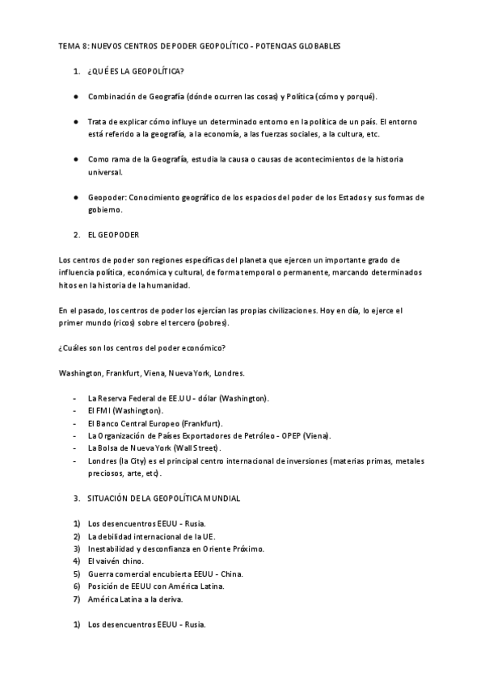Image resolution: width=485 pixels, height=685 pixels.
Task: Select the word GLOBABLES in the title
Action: [317, 47]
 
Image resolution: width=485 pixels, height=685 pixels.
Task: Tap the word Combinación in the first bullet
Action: [113, 96]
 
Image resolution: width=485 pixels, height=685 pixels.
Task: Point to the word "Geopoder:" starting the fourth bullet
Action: [108, 197]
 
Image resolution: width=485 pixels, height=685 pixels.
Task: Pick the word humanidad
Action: [166, 285]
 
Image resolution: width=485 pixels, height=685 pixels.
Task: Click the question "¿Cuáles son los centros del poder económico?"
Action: [142, 347]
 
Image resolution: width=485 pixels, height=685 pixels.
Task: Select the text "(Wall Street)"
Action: [197, 448]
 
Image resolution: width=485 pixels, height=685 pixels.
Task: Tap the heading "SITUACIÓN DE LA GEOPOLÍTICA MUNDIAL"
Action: [163, 498]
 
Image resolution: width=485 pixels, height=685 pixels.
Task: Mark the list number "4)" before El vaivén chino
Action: [76, 561]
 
